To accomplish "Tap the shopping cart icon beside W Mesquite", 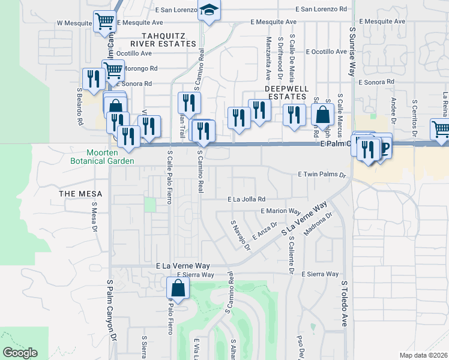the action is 105,22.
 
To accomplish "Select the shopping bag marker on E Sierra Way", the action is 178,287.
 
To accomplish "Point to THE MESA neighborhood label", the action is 80,194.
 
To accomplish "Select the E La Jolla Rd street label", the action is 246,199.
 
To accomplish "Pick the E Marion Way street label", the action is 280,211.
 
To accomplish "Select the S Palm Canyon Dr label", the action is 112,318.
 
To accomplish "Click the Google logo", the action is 20,353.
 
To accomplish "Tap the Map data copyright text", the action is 423,355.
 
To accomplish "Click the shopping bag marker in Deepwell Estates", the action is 323,114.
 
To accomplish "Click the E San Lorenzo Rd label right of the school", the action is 323,10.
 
